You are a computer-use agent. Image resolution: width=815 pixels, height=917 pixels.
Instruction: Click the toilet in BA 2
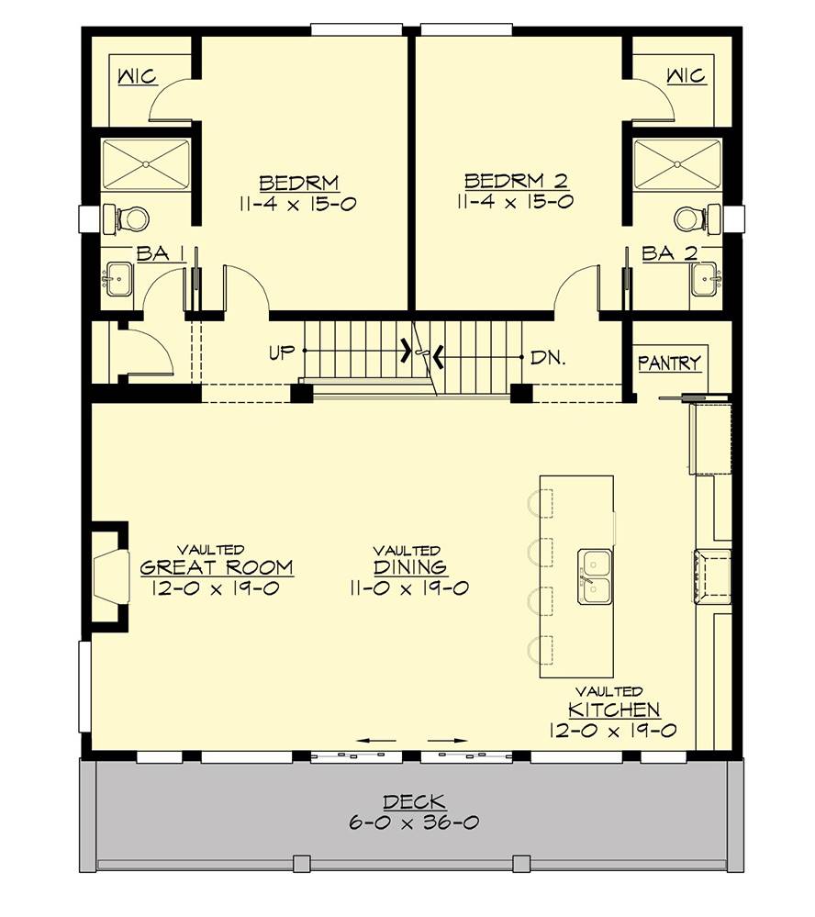[694, 218]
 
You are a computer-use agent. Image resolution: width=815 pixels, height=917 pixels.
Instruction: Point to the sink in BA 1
[119, 277]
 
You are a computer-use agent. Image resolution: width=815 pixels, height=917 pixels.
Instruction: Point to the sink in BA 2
[705, 277]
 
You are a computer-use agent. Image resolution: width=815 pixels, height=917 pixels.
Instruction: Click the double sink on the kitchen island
[594, 576]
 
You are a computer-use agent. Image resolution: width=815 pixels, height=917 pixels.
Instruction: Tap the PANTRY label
[670, 363]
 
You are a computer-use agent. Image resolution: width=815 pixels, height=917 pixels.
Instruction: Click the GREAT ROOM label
[217, 567]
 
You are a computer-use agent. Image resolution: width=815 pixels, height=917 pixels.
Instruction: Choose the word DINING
[410, 567]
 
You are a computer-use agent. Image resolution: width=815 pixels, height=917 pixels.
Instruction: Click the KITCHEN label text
[614, 710]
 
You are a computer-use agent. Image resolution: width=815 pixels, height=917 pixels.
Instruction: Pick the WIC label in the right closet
[687, 75]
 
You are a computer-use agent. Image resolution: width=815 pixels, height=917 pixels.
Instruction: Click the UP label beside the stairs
[283, 352]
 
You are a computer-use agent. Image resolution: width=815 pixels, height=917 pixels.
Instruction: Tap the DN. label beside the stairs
[547, 357]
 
